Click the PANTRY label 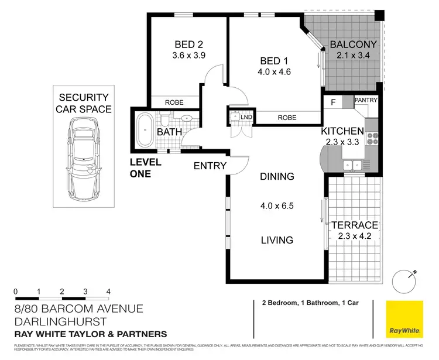[x=366, y=101]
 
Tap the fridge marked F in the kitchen [x=332, y=102]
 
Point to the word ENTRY [x=210, y=166]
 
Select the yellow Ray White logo [x=404, y=319]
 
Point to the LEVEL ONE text [x=140, y=168]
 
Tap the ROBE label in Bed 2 [x=174, y=102]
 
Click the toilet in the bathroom [x=166, y=120]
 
